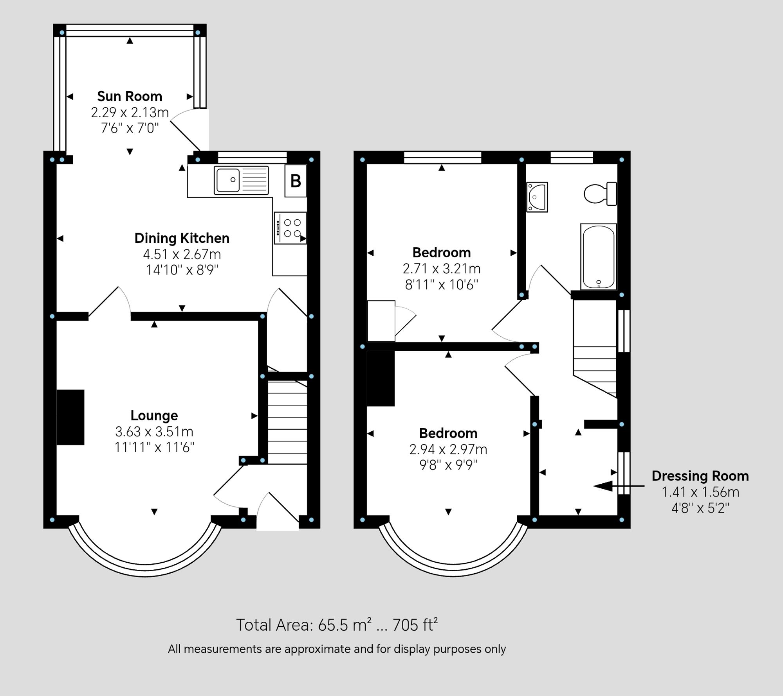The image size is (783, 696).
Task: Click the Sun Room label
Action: [x=130, y=96]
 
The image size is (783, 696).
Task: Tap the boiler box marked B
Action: [x=296, y=181]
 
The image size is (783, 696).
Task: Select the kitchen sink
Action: [x=241, y=180]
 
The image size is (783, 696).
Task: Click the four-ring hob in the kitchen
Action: [x=290, y=228]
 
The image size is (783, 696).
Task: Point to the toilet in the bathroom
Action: [x=600, y=194]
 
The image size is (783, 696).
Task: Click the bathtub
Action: [x=598, y=257]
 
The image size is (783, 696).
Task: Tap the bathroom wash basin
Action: [x=537, y=197]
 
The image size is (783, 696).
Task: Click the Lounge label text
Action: [x=154, y=415]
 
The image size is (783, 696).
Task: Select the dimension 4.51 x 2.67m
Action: [x=182, y=254]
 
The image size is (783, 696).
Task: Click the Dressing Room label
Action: [x=700, y=476]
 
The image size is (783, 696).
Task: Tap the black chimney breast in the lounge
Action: [x=70, y=417]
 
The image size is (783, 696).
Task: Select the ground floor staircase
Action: [x=287, y=422]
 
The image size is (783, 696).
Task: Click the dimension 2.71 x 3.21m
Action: [x=442, y=269]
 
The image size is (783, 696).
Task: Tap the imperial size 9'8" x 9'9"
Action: [x=448, y=465]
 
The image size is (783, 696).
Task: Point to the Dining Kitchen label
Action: [x=182, y=238]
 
